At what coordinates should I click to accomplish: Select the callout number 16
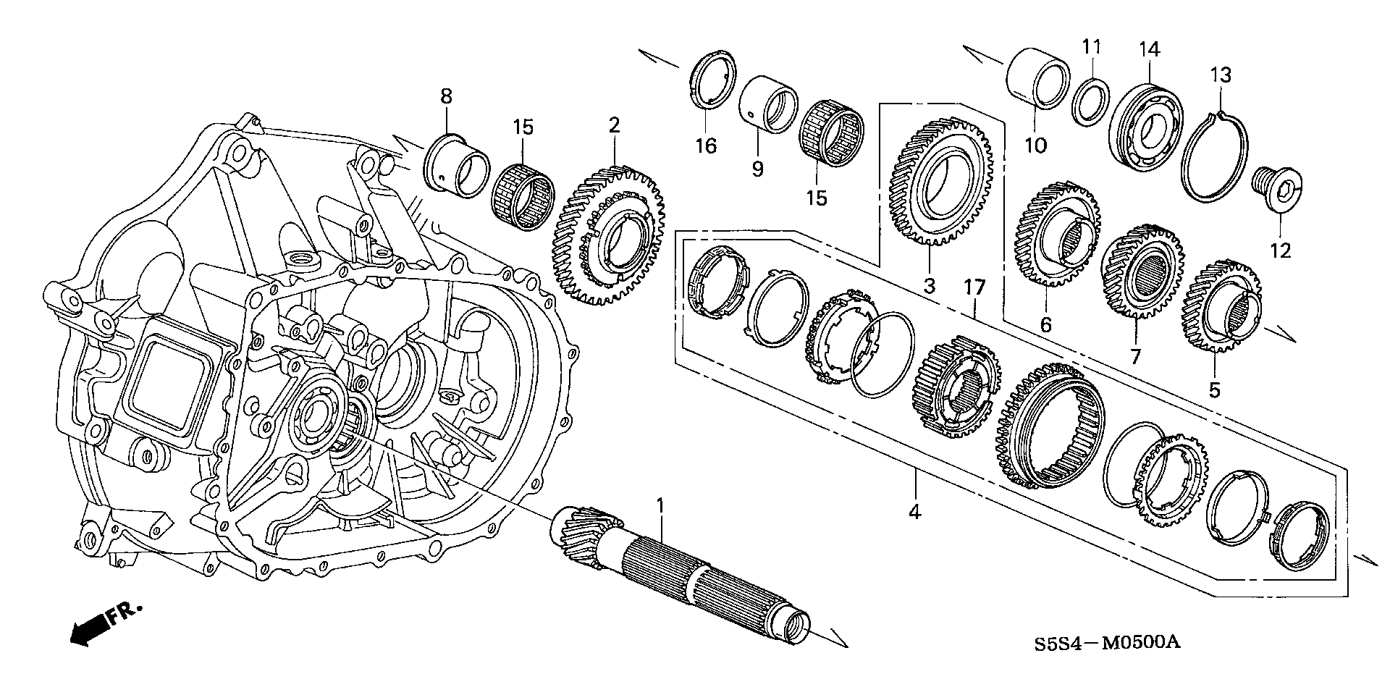(x=706, y=146)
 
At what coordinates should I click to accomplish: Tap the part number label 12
(x=1280, y=250)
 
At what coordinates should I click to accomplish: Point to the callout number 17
(x=974, y=287)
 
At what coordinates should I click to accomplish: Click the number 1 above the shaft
(x=660, y=505)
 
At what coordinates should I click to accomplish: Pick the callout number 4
(x=915, y=512)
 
